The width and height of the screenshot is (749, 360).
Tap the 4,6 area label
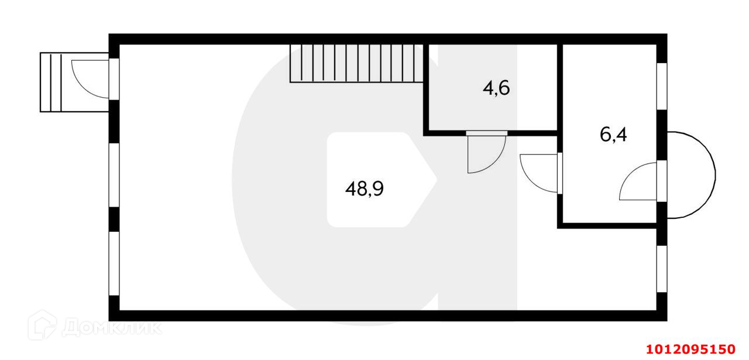click(x=496, y=88)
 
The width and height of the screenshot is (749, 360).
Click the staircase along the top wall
click(x=356, y=63)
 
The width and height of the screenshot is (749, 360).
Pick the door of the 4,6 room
click(x=485, y=153)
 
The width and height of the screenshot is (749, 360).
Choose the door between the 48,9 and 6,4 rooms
click(x=540, y=173)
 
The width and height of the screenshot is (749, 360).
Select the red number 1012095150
click(x=690, y=349)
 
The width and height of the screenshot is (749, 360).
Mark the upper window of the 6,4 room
click(x=662, y=85)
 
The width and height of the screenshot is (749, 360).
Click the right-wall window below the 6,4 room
click(x=662, y=268)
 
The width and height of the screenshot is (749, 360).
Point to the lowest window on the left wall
click(x=114, y=263)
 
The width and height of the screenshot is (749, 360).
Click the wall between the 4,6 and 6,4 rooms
click(x=560, y=88)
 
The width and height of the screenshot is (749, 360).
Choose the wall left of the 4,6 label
click(x=426, y=88)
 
